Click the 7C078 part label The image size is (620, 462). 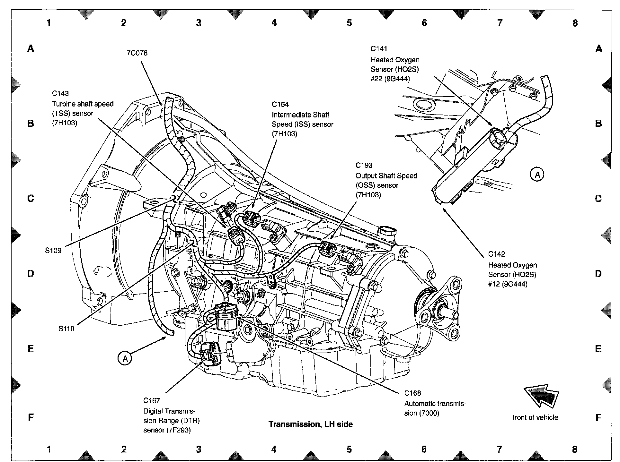click(137, 53)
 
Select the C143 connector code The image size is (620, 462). click(60, 93)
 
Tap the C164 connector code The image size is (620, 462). click(280, 104)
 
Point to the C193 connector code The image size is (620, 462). click(364, 165)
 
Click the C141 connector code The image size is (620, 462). click(379, 49)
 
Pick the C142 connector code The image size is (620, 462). click(496, 254)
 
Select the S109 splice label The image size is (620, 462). click(53, 251)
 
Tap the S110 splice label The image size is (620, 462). click(66, 329)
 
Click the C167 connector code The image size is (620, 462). click(152, 400)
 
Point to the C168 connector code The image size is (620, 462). click(412, 393)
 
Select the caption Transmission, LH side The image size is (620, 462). click(310, 424)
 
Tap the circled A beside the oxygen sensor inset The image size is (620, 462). click(537, 175)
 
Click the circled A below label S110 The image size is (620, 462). click(125, 358)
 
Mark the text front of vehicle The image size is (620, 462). click(535, 417)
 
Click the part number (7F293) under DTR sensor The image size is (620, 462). click(179, 430)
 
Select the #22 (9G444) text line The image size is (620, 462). click(390, 79)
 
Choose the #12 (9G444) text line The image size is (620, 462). click(508, 284)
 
